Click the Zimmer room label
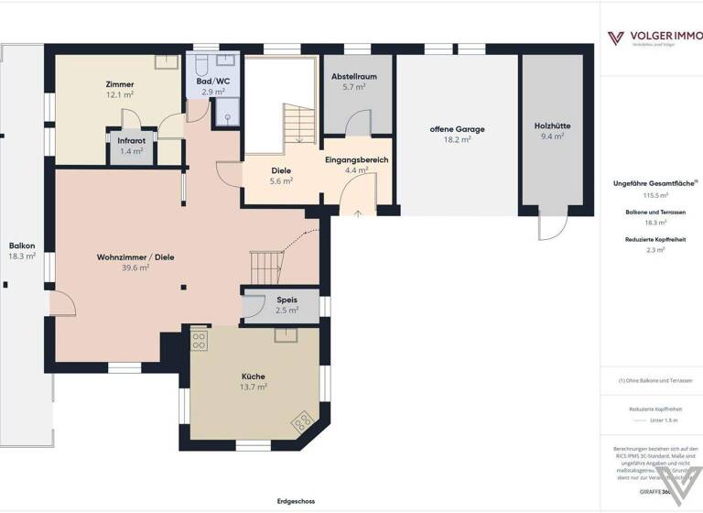(x=120, y=84)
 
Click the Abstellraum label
(x=353, y=77)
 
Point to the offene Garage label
(x=457, y=129)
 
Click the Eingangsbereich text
(x=356, y=159)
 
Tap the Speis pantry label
(x=287, y=300)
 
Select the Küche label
(x=254, y=377)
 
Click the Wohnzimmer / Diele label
(x=135, y=257)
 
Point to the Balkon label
(x=22, y=246)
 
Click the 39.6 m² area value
(x=135, y=268)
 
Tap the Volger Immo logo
(x=652, y=38)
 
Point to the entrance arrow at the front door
(x=357, y=213)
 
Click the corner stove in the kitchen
(x=300, y=422)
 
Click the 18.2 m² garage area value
(x=457, y=140)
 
